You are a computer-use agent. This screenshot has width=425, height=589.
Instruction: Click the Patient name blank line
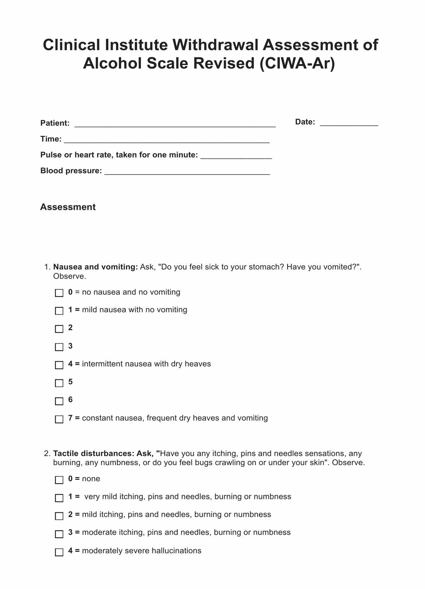click(175, 124)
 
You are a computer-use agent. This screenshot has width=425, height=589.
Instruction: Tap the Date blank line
click(349, 122)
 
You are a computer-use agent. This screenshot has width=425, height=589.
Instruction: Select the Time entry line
click(166, 139)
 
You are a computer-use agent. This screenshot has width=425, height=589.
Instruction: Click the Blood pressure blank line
click(187, 171)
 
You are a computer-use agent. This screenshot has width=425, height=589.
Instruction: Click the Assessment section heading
click(68, 207)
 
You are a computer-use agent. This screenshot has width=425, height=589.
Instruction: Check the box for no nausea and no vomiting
click(59, 293)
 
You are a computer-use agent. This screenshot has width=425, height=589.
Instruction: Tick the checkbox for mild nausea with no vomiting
click(59, 311)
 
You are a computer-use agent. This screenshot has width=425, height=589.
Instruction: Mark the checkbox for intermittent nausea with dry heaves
click(59, 365)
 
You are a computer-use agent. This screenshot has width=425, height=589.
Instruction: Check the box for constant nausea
click(59, 419)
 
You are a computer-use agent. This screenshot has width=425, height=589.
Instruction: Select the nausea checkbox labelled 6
click(59, 401)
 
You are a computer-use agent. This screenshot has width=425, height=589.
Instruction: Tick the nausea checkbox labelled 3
click(59, 347)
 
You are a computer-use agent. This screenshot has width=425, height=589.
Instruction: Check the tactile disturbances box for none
click(59, 480)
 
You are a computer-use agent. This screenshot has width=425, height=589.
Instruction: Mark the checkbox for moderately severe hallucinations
click(59, 552)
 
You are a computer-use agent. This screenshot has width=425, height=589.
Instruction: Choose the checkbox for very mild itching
click(59, 498)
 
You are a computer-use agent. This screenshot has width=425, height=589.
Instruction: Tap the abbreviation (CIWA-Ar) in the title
click(297, 64)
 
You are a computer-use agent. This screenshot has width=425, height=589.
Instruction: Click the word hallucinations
click(176, 551)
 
